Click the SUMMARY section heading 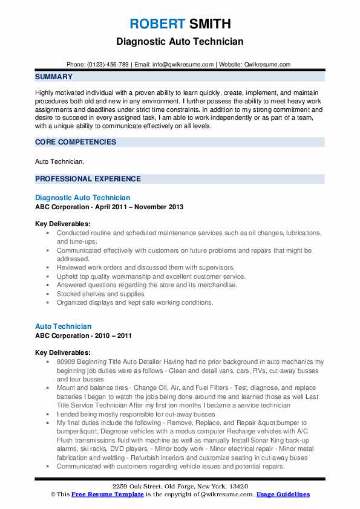(x=54, y=77)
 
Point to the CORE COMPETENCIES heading (x=75, y=141)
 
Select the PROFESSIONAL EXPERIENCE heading (x=88, y=179)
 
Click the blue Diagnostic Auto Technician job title (x=82, y=198)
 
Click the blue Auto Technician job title (x=64, y=326)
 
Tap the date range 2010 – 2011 (x=114, y=336)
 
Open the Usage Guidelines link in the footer (x=283, y=494)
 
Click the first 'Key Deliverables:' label (x=63, y=224)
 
